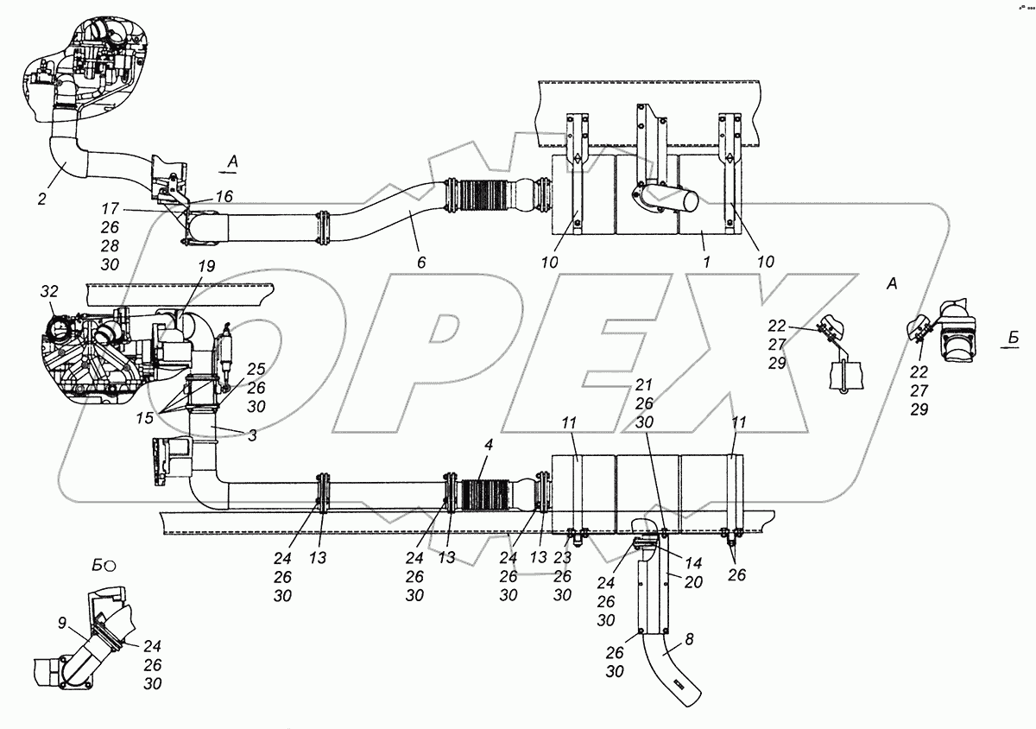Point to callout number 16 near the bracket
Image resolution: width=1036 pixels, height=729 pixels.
[x=224, y=198]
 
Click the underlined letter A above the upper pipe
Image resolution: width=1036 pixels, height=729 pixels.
[x=231, y=161]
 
